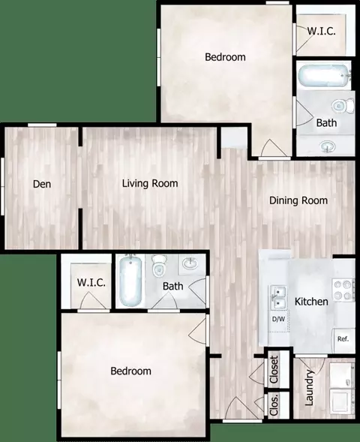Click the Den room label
pos(42,184)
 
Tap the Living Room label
pos(150,184)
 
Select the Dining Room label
pos(298,200)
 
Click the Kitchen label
pos(311,302)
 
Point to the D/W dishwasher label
pos(278,319)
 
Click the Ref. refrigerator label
pos(343,339)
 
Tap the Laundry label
pos(309,388)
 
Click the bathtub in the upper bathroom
pos(324,76)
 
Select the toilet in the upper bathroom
pos(343,106)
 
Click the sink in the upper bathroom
pos(327,146)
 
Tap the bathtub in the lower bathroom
pos(130,281)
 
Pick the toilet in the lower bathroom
pos(159,266)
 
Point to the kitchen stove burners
pos(343,290)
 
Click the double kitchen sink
pos(278,297)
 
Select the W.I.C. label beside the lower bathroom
pos(91,282)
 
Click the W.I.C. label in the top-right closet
pos(321,31)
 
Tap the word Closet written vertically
pos(274,369)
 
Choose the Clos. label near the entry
pos(274,404)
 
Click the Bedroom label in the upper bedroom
pos(225,57)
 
